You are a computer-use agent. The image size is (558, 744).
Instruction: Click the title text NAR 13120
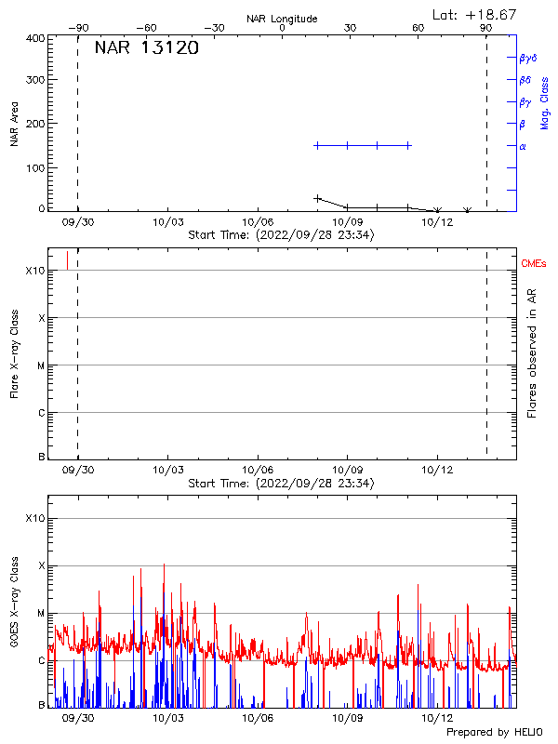click(146, 49)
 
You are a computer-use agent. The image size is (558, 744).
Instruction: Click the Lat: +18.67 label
click(476, 14)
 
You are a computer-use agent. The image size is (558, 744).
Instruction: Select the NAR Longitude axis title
click(282, 19)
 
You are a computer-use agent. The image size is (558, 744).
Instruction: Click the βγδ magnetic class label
click(527, 58)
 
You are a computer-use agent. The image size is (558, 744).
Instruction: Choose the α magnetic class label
click(523, 146)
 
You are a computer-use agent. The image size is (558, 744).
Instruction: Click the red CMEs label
click(534, 264)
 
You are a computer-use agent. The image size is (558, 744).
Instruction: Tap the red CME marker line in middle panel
click(67, 259)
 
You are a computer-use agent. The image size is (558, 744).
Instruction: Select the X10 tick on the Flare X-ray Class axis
click(35, 271)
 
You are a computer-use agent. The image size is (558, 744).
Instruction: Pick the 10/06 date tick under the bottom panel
click(258, 718)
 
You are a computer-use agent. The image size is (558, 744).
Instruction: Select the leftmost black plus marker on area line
click(318, 198)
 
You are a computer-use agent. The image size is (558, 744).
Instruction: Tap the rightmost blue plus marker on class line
click(407, 145)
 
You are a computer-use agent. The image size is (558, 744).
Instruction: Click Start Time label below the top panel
click(281, 235)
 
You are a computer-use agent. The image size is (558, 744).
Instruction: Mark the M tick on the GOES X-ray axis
click(41, 613)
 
